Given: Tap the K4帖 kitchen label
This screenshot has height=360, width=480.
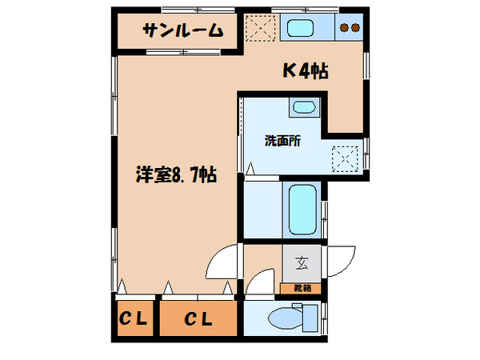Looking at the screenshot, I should pyautogui.click(x=306, y=70).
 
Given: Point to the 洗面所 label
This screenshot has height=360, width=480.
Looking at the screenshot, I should pyautogui.click(x=282, y=140).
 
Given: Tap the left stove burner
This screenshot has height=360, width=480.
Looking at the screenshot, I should pyautogui.click(x=345, y=29).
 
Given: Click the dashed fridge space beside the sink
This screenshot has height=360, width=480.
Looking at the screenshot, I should pyautogui.click(x=260, y=28).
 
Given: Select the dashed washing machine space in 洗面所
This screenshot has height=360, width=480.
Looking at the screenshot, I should pyautogui.click(x=346, y=154).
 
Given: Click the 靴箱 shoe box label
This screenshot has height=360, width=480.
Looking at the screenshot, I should pyautogui.click(x=300, y=286).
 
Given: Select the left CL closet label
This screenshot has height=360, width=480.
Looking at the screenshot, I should pyautogui.click(x=134, y=319).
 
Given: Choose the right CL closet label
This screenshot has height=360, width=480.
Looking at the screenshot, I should pyautogui.click(x=198, y=319).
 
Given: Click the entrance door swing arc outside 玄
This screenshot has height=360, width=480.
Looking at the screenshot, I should pyautogui.click(x=342, y=261).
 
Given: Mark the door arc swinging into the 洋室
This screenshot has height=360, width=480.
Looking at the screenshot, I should pyautogui.click(x=224, y=261).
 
